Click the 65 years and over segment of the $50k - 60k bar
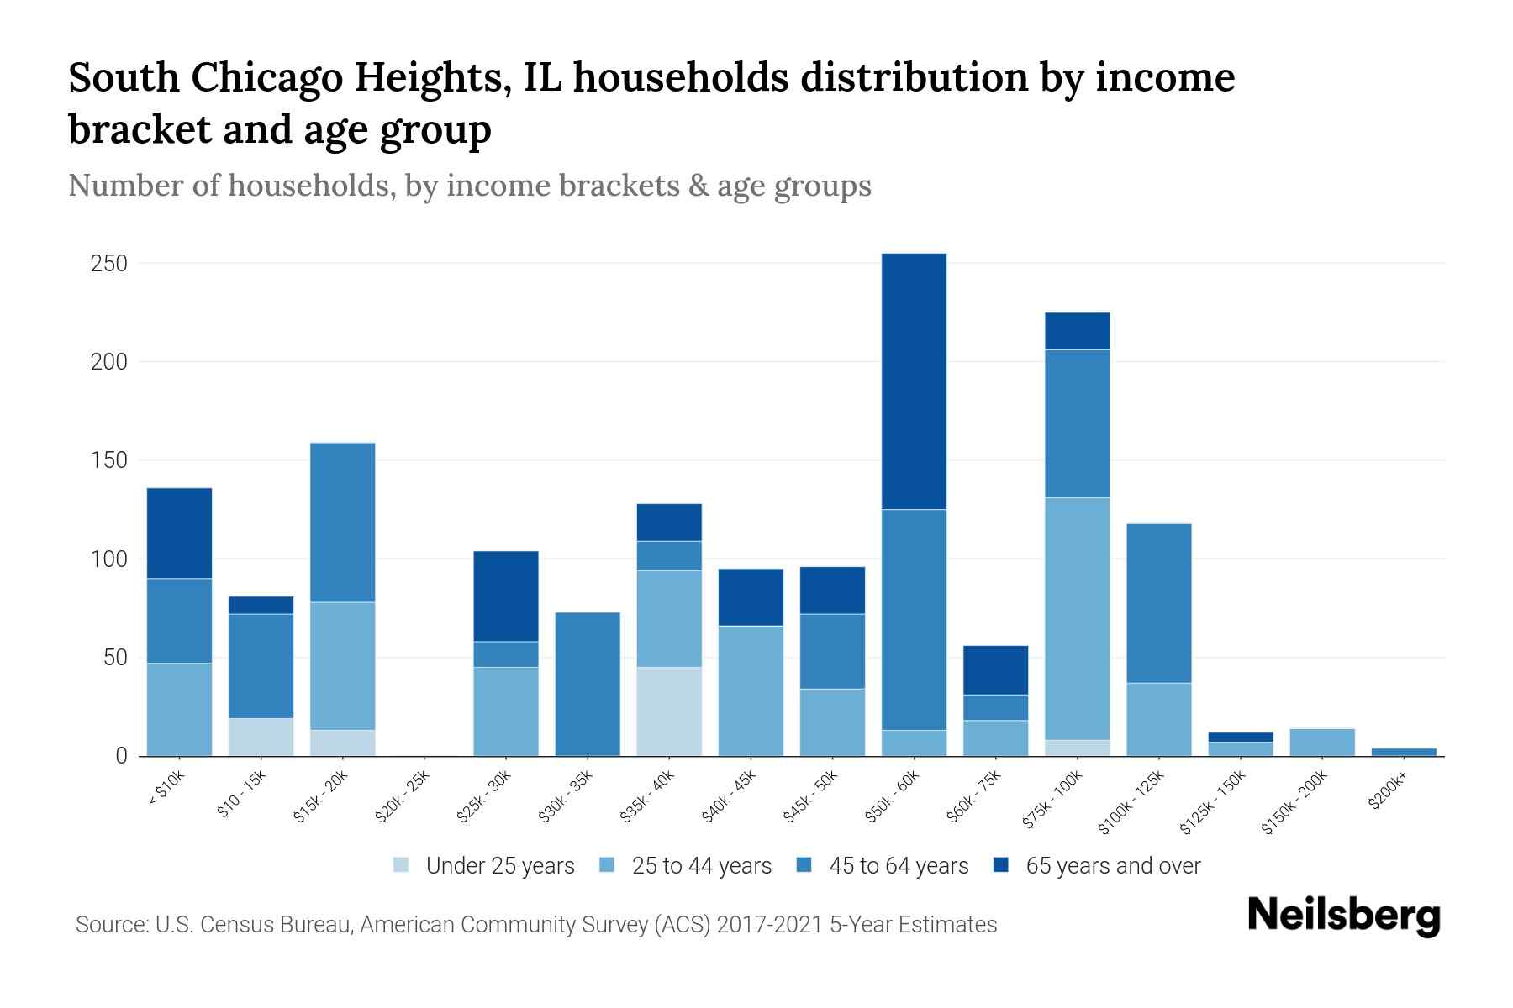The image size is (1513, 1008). pos(914,381)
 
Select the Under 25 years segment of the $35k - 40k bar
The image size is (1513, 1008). pos(669,711)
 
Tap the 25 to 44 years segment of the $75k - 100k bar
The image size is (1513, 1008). pos(1077,619)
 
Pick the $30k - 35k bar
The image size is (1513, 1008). pos(588,684)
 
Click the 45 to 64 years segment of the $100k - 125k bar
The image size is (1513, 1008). pos(1158,603)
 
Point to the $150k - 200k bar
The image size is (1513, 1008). pos(1321,743)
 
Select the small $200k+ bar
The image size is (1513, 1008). pos(1403,752)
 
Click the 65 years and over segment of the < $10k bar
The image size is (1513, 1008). pos(179,533)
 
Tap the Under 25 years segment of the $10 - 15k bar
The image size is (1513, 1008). pos(261,737)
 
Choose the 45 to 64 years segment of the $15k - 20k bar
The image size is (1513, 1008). pos(342,522)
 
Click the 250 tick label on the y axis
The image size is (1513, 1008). pos(108,264)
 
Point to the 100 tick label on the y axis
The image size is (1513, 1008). pos(108,559)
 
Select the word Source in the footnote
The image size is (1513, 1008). pos(111,925)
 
